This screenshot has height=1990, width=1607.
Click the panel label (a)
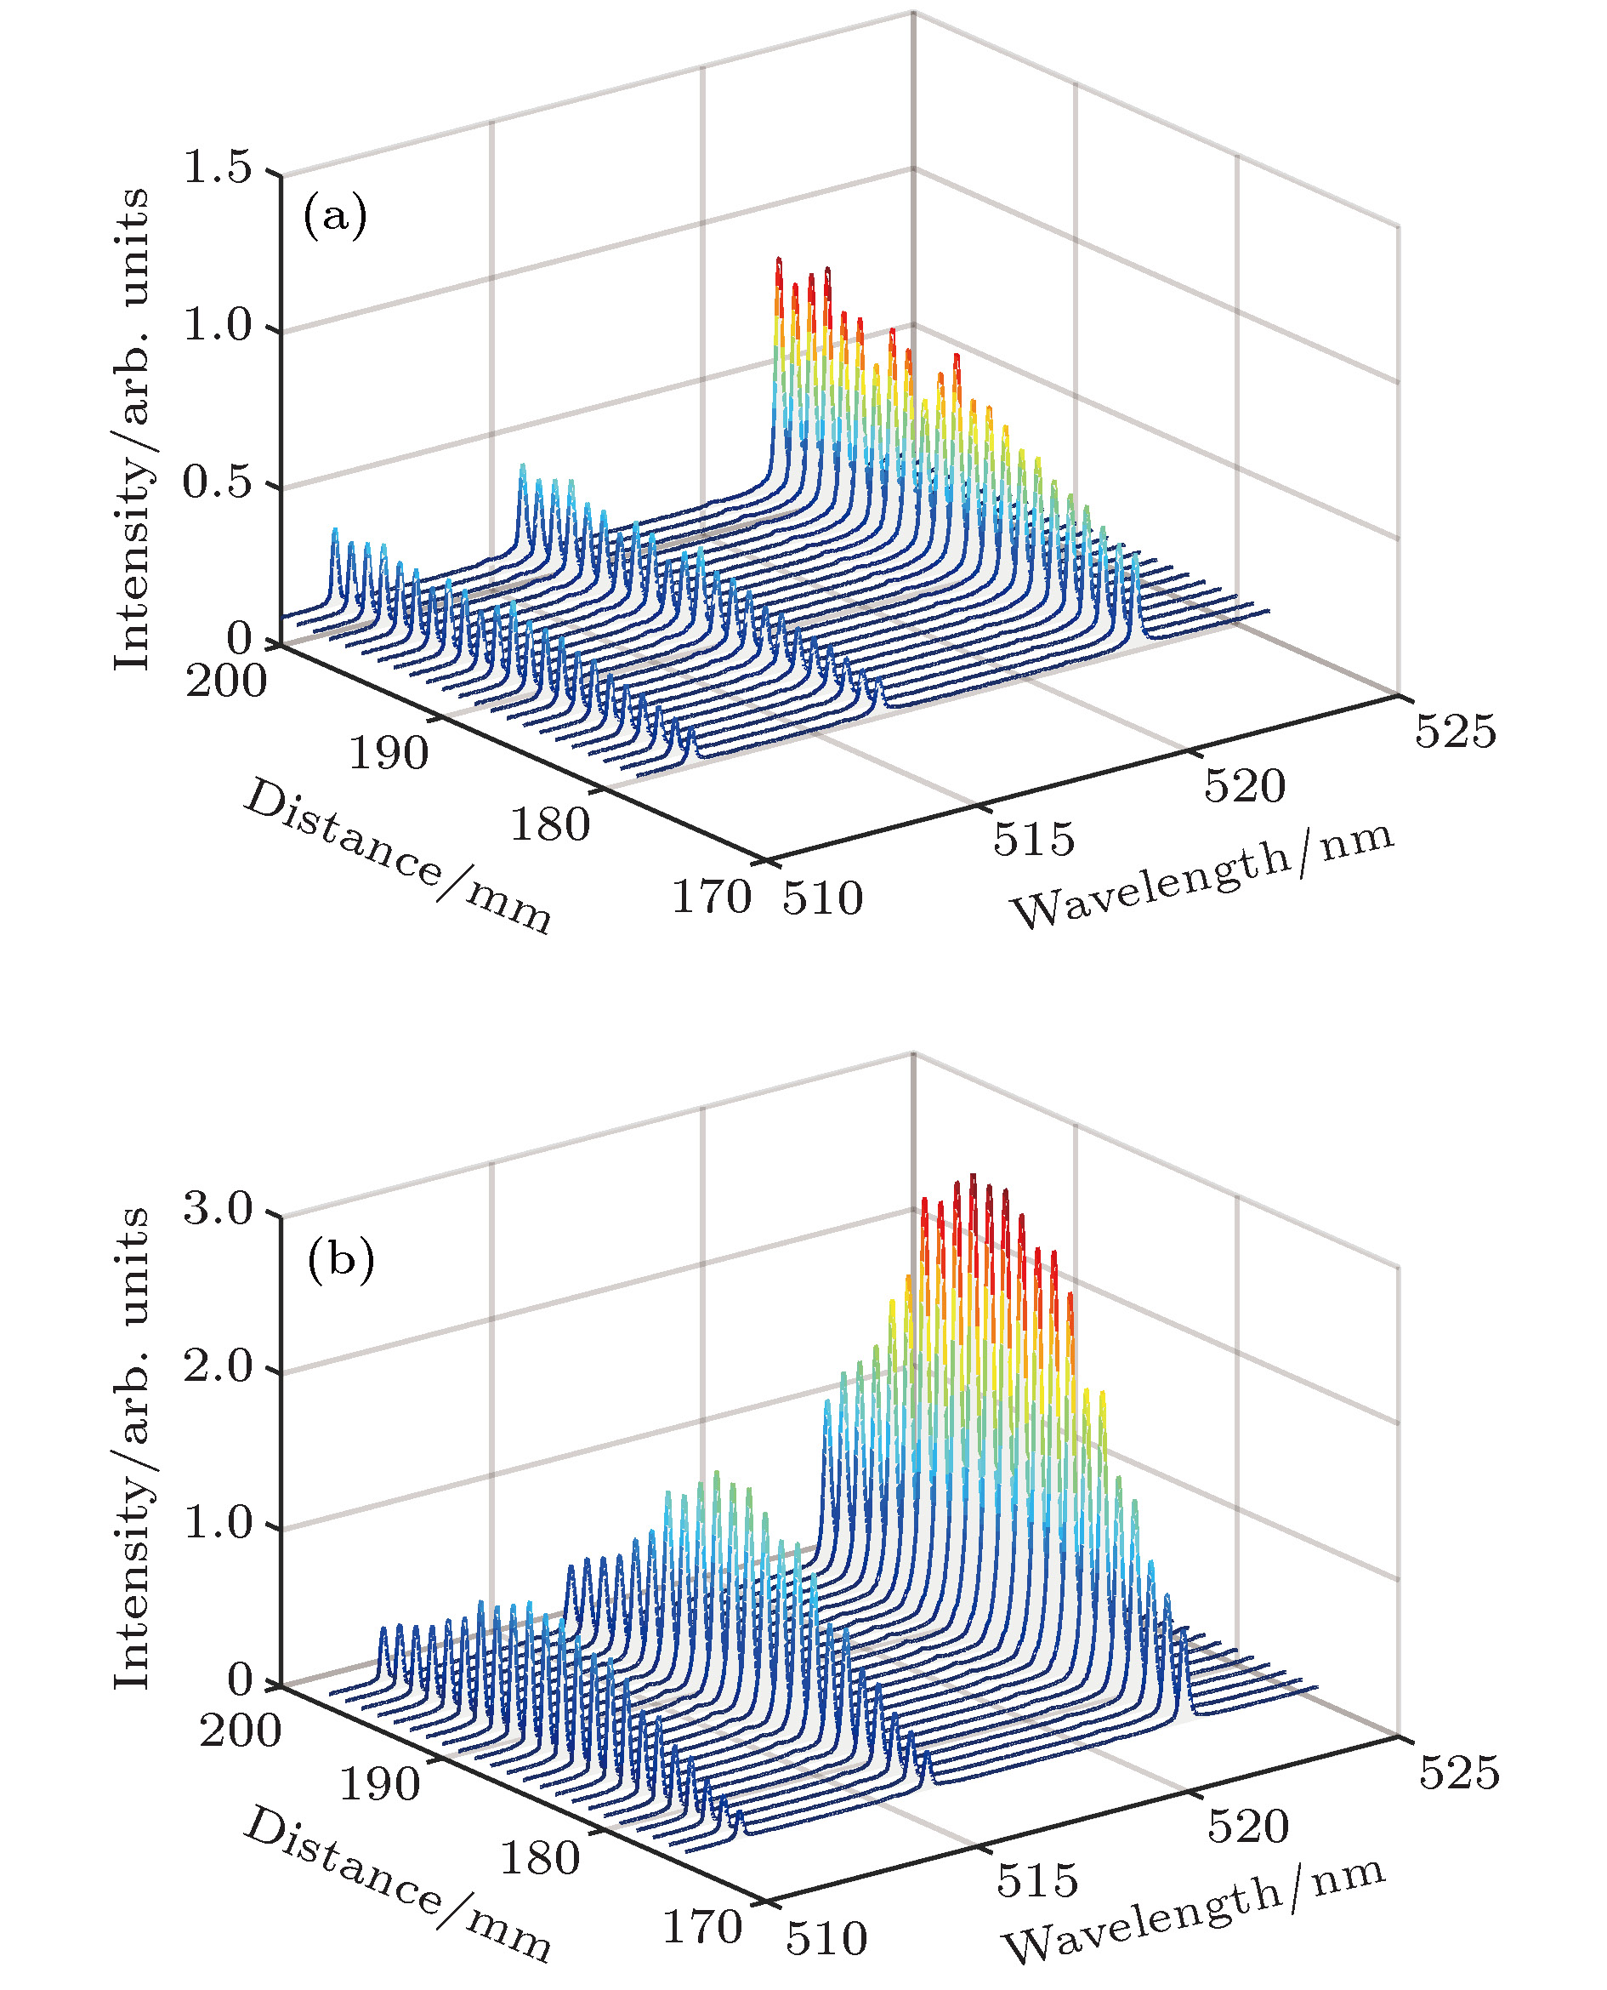click(x=334, y=217)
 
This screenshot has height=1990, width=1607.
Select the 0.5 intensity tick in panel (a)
click(x=218, y=482)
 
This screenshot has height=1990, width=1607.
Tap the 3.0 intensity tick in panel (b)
click(x=218, y=1208)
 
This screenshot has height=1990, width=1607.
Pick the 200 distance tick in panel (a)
click(x=226, y=682)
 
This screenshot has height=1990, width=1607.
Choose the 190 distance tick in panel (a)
click(x=388, y=754)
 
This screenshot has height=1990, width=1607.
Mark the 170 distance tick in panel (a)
click(x=710, y=898)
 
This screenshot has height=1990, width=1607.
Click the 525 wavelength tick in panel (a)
click(x=1455, y=731)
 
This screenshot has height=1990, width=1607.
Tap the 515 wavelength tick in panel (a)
click(x=1034, y=839)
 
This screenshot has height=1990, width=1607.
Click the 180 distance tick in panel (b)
click(x=540, y=1857)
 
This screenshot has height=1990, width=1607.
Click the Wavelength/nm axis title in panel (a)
click(x=1201, y=873)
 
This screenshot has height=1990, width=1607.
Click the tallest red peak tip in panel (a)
click(x=779, y=260)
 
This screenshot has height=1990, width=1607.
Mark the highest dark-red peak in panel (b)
click(x=973, y=1177)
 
